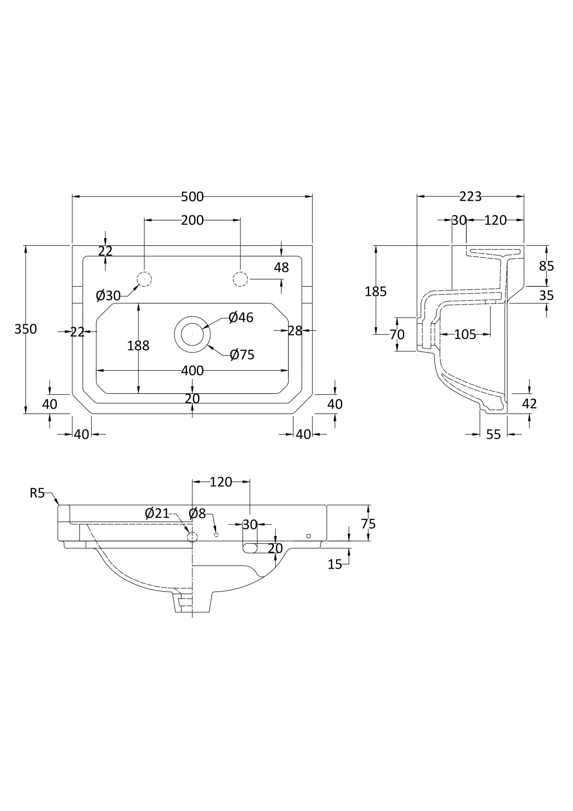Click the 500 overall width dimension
tap(192, 197)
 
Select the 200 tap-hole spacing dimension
tap(192, 220)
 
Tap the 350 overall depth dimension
tap(25, 329)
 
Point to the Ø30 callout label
tap(108, 296)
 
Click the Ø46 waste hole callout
tap(241, 317)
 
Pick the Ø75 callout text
tap(242, 354)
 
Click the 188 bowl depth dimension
tap(138, 346)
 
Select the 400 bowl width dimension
tap(192, 371)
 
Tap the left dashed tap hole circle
tap(144, 279)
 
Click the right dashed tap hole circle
tap(240, 279)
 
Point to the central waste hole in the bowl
tap(192, 334)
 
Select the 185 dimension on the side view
tap(376, 292)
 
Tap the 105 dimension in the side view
tap(465, 335)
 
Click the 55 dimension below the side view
tap(493, 435)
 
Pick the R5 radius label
tap(37, 493)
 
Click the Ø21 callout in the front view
tap(157, 513)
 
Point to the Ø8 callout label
tap(197, 513)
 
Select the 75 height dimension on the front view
tap(368, 524)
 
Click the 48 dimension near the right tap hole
tap(281, 268)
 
